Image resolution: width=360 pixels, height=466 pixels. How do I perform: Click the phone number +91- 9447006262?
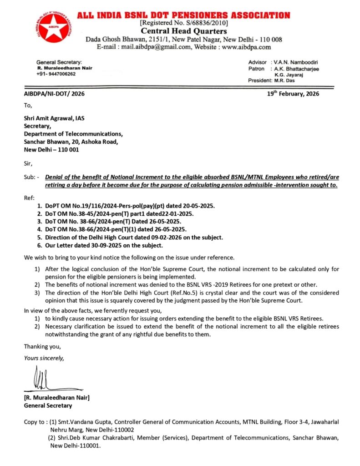(x=56, y=74)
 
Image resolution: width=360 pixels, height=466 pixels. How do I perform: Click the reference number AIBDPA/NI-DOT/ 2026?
(x=54, y=94)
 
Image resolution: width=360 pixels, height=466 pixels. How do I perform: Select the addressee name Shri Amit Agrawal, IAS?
(x=54, y=118)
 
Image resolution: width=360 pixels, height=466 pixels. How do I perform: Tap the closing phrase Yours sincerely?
(x=44, y=358)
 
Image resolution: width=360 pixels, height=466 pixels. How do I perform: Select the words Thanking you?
(x=42, y=347)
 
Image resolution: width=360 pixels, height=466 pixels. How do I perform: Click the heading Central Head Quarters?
(x=183, y=31)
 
